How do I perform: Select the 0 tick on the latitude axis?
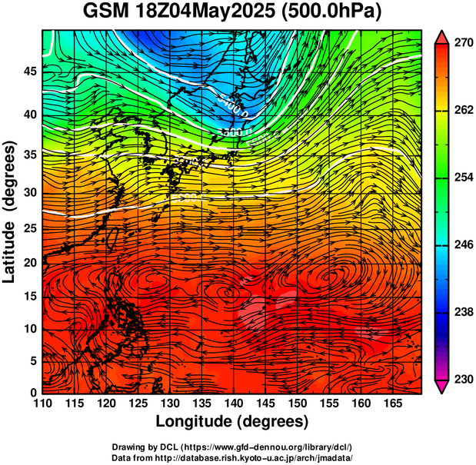click(x=33, y=393)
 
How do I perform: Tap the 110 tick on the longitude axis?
click(x=43, y=403)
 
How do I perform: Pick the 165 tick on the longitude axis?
click(x=390, y=403)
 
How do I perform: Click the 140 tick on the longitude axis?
click(x=232, y=403)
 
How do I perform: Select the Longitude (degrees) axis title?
click(x=232, y=421)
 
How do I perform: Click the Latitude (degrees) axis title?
click(x=11, y=212)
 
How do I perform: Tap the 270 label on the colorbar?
click(x=461, y=45)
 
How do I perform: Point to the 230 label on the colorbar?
click(x=461, y=379)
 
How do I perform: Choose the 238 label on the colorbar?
click(x=461, y=312)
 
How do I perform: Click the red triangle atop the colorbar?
click(x=442, y=37)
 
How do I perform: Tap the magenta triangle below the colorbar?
click(x=442, y=387)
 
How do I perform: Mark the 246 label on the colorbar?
click(x=461, y=245)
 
